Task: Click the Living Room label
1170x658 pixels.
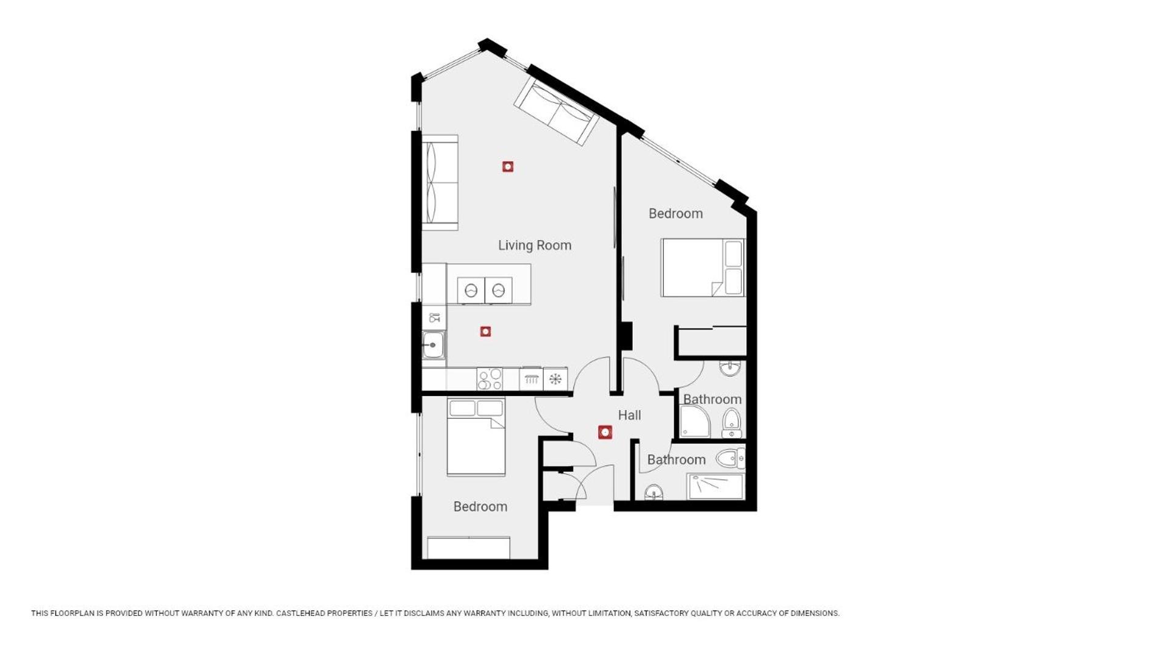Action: pyautogui.click(x=535, y=245)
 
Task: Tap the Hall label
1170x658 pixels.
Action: pyautogui.click(x=629, y=415)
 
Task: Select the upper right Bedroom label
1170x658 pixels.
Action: pyautogui.click(x=676, y=213)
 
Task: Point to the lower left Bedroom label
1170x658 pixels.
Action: pyautogui.click(x=480, y=506)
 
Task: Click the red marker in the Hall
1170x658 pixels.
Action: pyautogui.click(x=605, y=432)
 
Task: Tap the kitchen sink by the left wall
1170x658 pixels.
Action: pyautogui.click(x=433, y=345)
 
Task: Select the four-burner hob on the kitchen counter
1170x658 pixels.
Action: pyautogui.click(x=490, y=379)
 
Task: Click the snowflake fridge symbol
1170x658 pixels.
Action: pyautogui.click(x=555, y=379)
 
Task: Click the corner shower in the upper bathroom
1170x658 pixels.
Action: pyautogui.click(x=695, y=422)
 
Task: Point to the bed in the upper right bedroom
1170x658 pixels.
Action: pyautogui.click(x=703, y=267)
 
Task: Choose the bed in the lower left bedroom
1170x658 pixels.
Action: pyautogui.click(x=476, y=436)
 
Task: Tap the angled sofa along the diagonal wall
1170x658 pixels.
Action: pyautogui.click(x=555, y=111)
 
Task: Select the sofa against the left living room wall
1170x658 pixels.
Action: pyautogui.click(x=440, y=183)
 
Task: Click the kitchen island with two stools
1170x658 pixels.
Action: pyautogui.click(x=488, y=284)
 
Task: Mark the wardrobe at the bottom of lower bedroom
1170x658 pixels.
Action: pyautogui.click(x=468, y=548)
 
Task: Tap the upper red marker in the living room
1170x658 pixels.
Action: pyautogui.click(x=508, y=166)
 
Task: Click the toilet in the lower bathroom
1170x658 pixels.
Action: pyautogui.click(x=730, y=458)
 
